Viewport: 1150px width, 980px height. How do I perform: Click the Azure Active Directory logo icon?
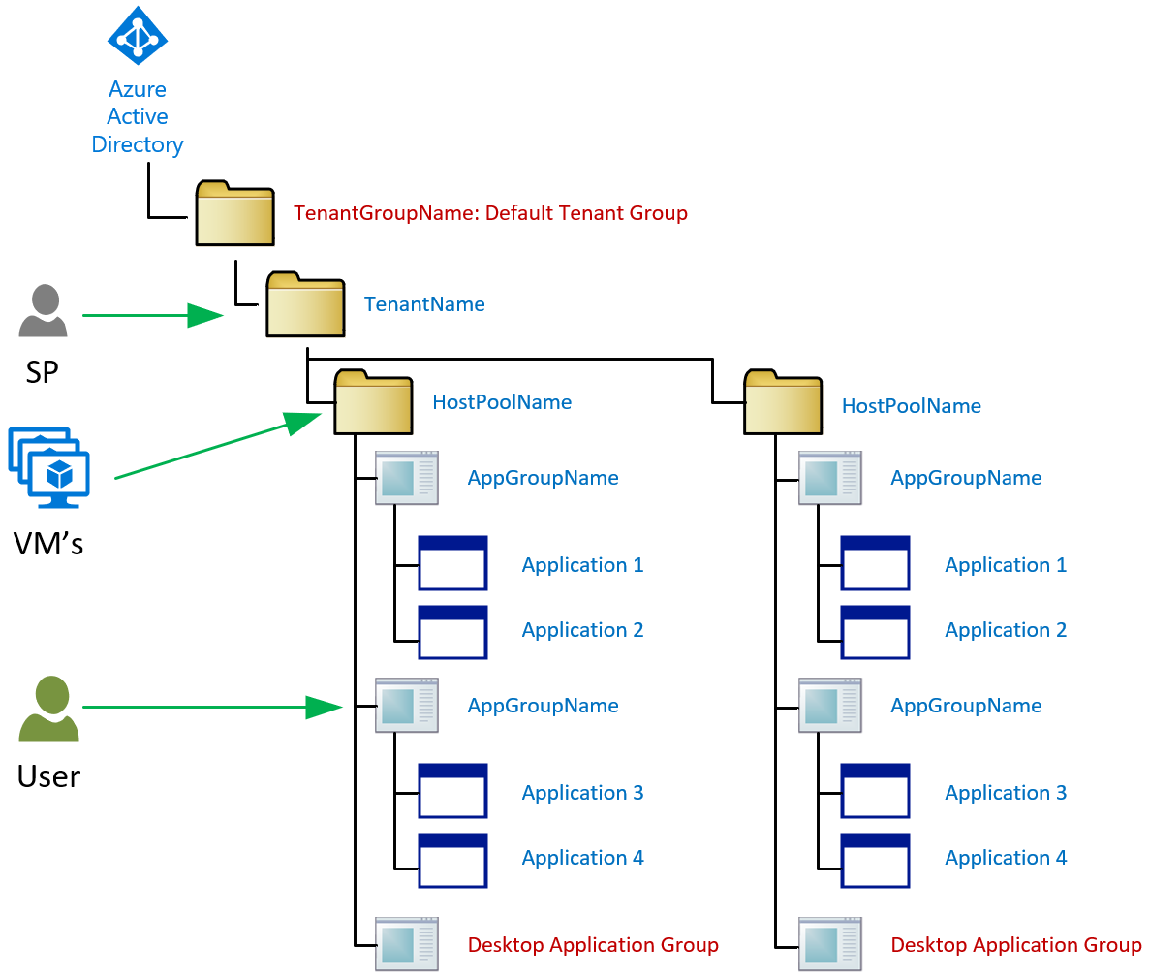[138, 38]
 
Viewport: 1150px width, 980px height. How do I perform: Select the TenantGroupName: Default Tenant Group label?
[490, 213]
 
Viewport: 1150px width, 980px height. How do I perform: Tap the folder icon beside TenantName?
[305, 305]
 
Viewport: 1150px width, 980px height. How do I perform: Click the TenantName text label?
[424, 304]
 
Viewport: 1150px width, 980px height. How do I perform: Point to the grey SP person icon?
[43, 311]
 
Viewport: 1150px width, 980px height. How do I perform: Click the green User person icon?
[48, 709]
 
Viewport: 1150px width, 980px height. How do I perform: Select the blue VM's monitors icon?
[49, 466]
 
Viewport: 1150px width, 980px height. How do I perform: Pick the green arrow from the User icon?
[212, 708]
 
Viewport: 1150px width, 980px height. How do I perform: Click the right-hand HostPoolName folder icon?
[783, 402]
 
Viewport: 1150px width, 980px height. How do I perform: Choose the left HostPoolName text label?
[502, 402]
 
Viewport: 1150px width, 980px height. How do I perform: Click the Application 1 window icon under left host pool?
[452, 563]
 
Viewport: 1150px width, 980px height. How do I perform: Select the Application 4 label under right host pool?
[1006, 858]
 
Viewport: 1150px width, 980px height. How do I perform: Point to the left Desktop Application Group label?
[593, 945]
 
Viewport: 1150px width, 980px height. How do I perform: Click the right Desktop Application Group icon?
[830, 944]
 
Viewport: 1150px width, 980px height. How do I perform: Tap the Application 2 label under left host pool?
[582, 630]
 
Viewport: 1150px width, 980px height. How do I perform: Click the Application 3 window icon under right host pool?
[875, 791]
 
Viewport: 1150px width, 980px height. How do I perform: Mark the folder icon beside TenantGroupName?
[234, 213]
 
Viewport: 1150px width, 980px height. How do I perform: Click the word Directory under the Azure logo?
[138, 144]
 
